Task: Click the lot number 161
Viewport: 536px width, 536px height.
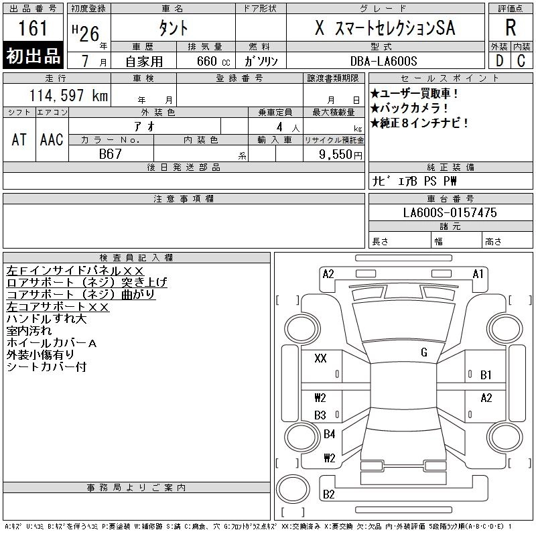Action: (33, 29)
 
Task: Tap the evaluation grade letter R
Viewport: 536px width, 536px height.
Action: (511, 28)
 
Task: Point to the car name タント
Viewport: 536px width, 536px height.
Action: (172, 29)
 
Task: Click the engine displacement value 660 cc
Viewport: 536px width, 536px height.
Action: (205, 62)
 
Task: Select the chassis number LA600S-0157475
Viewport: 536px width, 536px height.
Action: (450, 212)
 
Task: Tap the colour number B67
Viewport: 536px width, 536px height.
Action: (111, 154)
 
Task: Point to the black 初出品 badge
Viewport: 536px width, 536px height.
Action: (33, 56)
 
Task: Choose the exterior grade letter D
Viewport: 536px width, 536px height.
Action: (499, 61)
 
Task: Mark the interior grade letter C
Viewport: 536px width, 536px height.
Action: (521, 61)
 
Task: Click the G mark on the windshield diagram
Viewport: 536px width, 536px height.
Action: (424, 352)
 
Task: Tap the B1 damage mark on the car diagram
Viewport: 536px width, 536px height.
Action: (486, 375)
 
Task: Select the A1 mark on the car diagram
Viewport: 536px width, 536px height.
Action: (478, 273)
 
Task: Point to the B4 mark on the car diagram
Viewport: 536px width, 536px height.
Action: (329, 434)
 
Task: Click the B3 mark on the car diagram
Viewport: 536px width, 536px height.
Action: (320, 415)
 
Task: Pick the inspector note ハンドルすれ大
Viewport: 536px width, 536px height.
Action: (47, 319)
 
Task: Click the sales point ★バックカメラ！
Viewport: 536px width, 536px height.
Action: (409, 109)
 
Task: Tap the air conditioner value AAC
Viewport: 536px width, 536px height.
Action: (52, 139)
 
